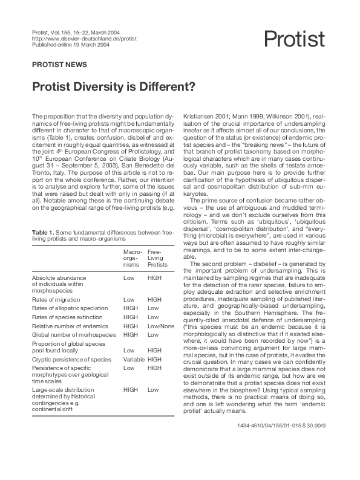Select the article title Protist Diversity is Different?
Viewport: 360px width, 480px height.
point(113,86)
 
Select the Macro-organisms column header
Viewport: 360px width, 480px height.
point(133,256)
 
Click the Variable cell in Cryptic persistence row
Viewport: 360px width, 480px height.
point(133,359)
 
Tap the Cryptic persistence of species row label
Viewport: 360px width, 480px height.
point(71,359)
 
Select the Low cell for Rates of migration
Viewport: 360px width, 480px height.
point(129,299)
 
